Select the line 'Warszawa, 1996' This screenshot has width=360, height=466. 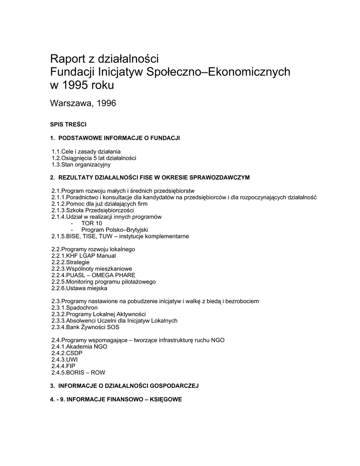pyautogui.click(x=82, y=104)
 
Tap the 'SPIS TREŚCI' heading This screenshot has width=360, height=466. pyautogui.click(x=68, y=124)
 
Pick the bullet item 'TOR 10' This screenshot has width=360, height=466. pyautogui.click(x=91, y=223)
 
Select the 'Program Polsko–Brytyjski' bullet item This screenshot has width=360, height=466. pyautogui.click(x=114, y=230)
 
